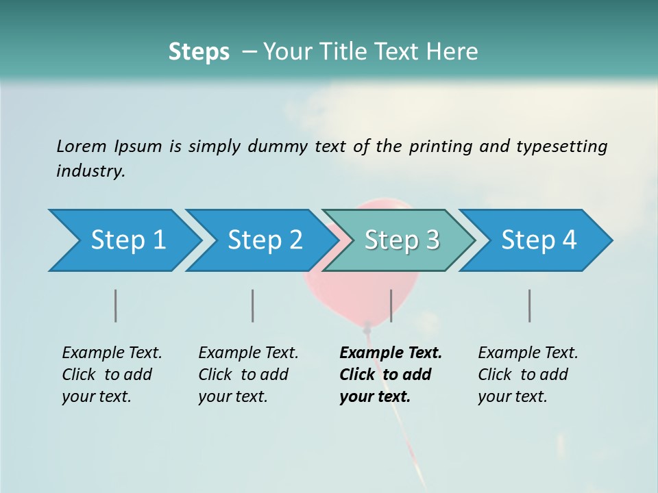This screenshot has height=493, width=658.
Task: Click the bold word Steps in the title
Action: [x=199, y=52]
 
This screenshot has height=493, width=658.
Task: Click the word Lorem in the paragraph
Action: [x=82, y=146]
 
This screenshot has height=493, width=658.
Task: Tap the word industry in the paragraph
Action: [x=90, y=170]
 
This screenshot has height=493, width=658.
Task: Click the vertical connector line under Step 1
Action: [x=116, y=305]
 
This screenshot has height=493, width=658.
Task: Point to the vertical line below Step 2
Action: [x=253, y=305]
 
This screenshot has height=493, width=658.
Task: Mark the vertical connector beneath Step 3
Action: [x=391, y=305]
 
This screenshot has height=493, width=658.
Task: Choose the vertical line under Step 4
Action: [x=529, y=305]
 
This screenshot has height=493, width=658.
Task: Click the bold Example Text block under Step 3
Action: [x=389, y=375]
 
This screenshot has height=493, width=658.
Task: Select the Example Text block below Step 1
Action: [x=111, y=375]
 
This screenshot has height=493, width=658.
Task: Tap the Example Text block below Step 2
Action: [x=247, y=375]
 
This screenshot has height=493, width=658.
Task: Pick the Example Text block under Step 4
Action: [x=527, y=375]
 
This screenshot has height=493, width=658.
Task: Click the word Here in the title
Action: [x=453, y=52]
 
